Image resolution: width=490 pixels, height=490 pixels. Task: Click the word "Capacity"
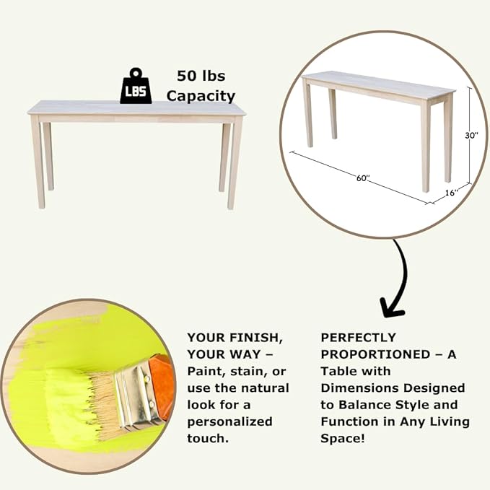pos(201,95)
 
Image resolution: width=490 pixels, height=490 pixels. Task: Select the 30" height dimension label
pos(472,135)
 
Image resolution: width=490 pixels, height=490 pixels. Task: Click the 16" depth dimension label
pos(450,193)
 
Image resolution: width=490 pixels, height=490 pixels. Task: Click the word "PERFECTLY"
pos(358,337)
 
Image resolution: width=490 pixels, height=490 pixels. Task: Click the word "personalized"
pos(229,421)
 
